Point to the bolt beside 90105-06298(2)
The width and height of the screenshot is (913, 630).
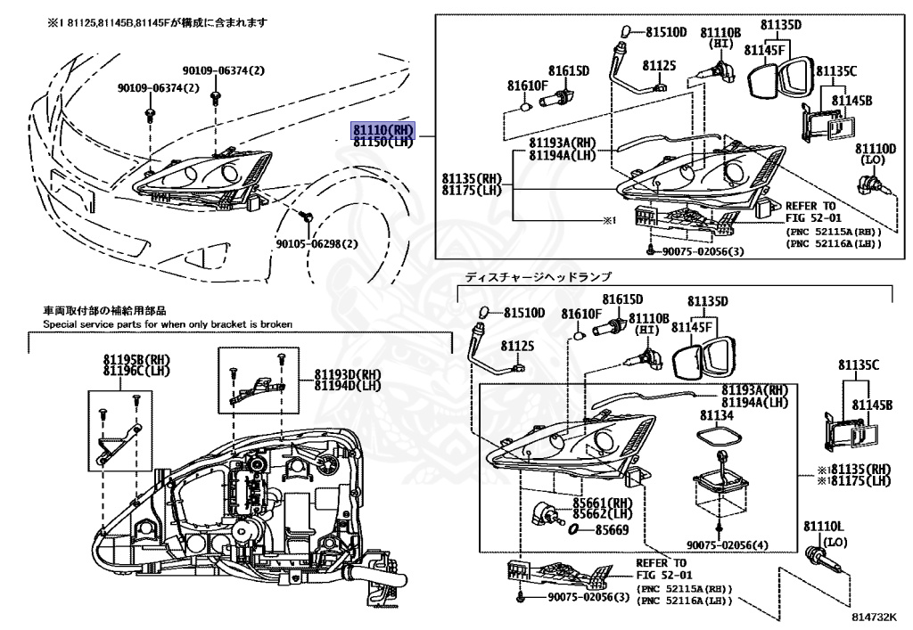coord(305,216)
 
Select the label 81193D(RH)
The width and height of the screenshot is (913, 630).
coord(347,374)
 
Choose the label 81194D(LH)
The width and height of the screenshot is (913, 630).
coord(347,386)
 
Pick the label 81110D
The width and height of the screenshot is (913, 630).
coord(875,149)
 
